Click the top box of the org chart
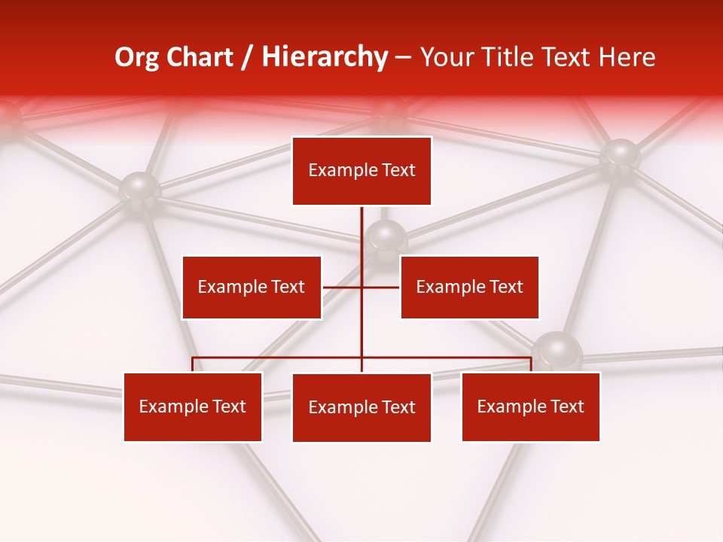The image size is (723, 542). (x=361, y=171)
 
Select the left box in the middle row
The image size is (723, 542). (x=252, y=287)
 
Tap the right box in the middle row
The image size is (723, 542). (x=469, y=287)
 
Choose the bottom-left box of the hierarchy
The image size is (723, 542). (x=193, y=406)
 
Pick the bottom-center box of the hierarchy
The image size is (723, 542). (x=361, y=407)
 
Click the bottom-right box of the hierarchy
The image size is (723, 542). (x=530, y=406)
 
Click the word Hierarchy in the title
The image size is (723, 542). (x=325, y=57)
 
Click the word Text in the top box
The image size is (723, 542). (x=397, y=171)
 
